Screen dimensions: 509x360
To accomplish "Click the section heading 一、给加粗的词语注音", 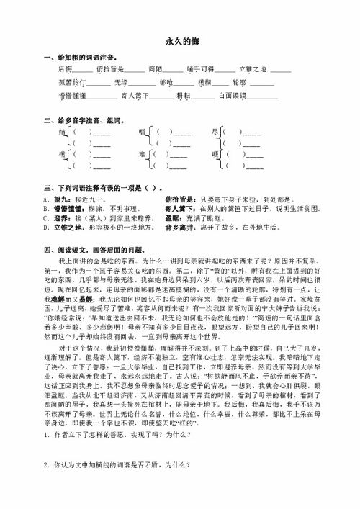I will tap(79, 57).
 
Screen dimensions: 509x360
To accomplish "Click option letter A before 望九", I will tap(45, 198).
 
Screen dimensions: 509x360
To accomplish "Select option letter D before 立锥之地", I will tap(45, 226).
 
